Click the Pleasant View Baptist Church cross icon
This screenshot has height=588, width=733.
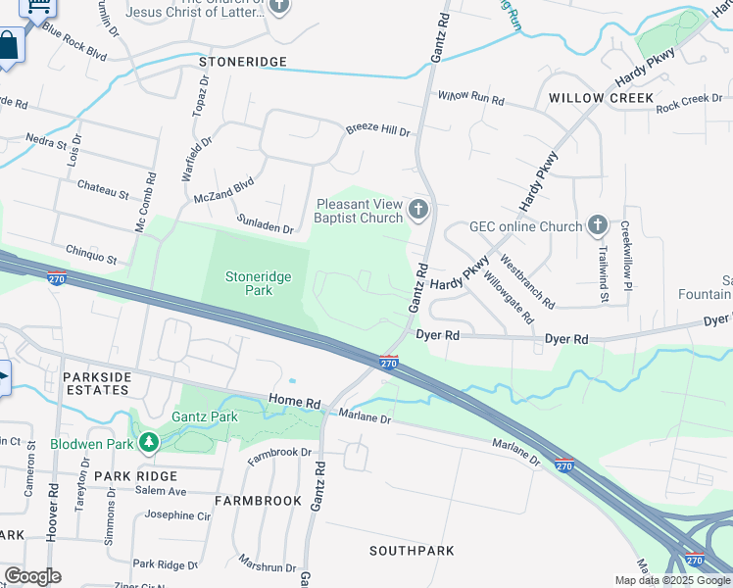(418, 208)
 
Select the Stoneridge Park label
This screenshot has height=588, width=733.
(259, 284)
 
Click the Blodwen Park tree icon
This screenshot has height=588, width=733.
(148, 444)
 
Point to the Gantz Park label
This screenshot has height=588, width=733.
(205, 416)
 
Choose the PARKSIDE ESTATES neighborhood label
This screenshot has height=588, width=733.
(96, 383)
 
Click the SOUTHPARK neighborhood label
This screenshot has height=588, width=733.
(412, 551)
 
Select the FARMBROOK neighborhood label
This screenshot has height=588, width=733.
(258, 501)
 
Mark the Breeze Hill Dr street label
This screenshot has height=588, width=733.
(377, 130)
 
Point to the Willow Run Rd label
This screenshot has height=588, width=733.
(470, 99)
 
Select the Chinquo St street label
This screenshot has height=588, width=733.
(91, 256)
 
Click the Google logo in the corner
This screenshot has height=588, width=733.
(32, 576)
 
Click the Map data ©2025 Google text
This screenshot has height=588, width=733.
(672, 579)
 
